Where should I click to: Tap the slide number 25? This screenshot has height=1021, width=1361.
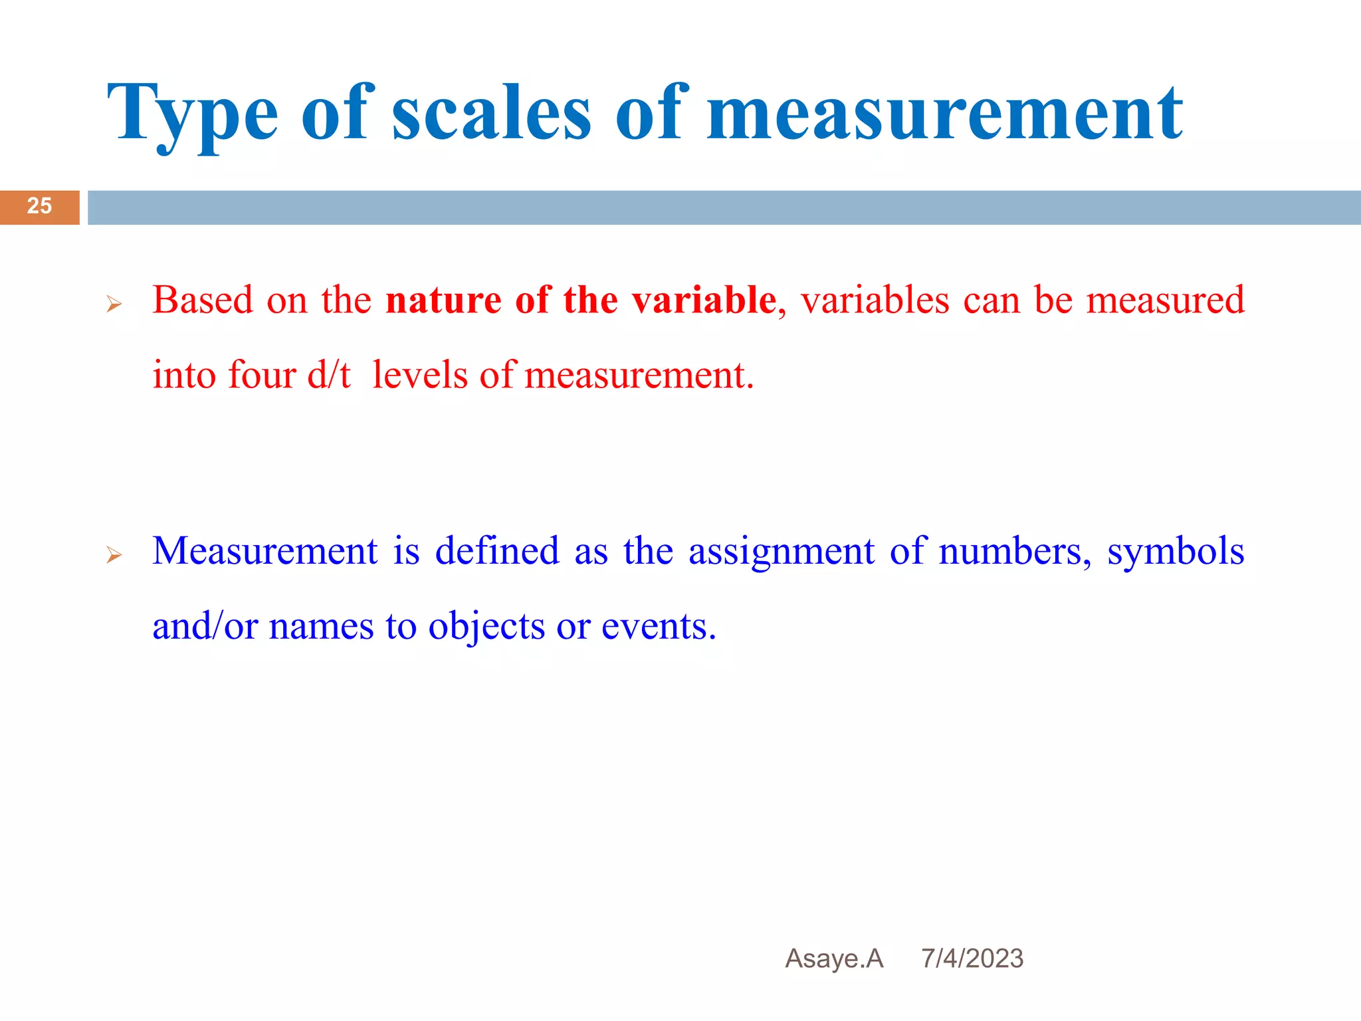point(39,206)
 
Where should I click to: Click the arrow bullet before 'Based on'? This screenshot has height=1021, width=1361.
point(114,305)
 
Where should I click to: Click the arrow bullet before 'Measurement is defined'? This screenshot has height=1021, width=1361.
point(114,555)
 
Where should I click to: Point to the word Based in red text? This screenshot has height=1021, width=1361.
point(203,300)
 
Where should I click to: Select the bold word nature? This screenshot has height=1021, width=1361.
point(443,300)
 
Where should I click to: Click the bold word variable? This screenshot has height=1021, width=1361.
point(704,300)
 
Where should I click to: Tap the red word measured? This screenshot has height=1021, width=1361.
point(1165,300)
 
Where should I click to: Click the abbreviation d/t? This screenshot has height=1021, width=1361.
point(329,375)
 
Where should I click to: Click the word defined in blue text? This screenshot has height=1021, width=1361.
point(497,551)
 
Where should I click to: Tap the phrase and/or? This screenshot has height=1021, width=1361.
point(205,626)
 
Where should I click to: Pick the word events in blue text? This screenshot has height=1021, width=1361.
point(659,626)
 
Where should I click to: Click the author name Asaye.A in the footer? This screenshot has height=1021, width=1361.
point(834,959)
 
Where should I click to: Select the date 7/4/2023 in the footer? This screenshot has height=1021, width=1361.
point(972,959)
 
